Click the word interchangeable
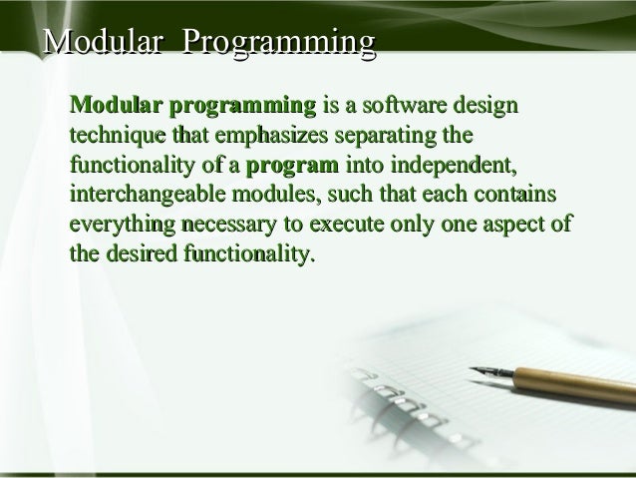pos(147,195)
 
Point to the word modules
pos(280,195)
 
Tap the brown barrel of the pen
pos(578,384)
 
